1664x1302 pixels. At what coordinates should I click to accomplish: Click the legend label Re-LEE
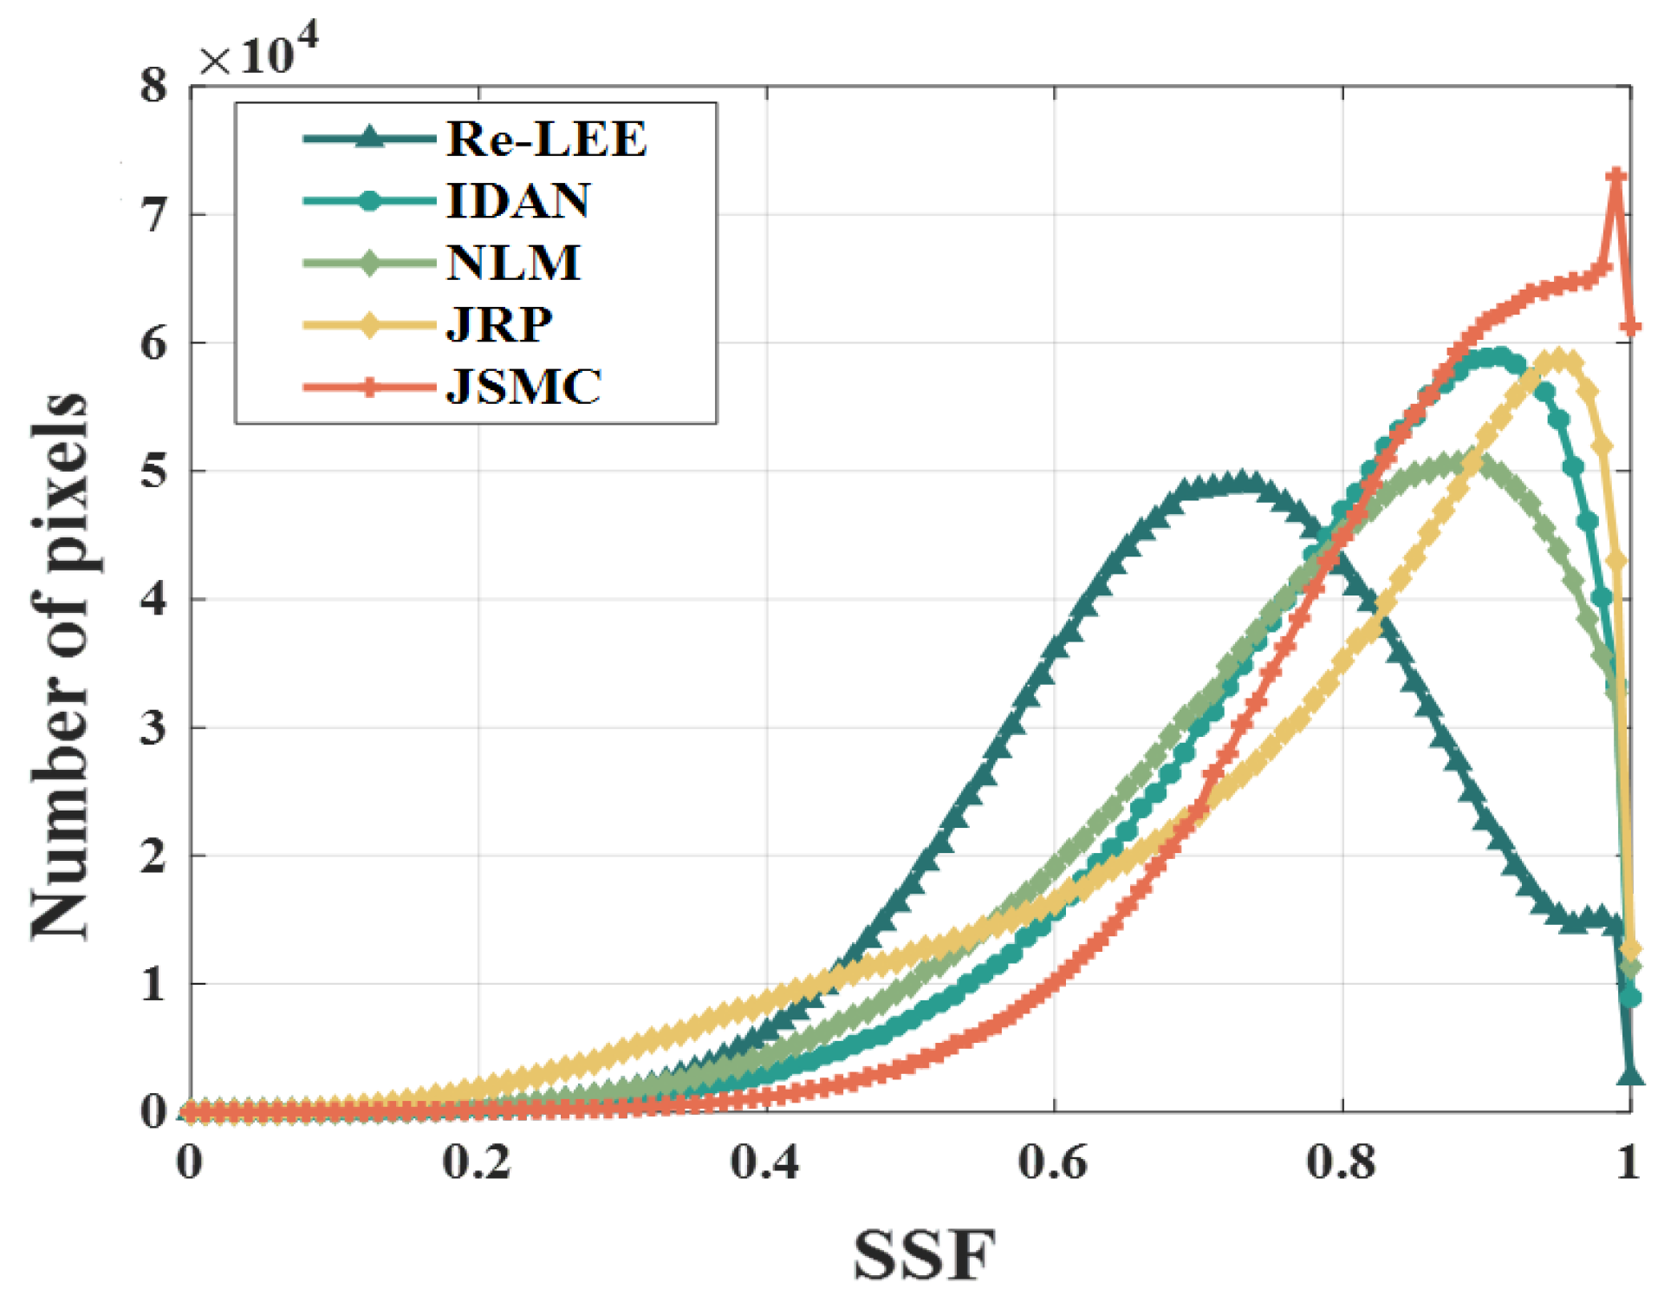[x=546, y=139]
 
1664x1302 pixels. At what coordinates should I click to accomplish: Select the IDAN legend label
[x=518, y=200]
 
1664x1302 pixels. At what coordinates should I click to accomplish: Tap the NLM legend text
[x=513, y=262]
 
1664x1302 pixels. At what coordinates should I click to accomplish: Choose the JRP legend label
[x=499, y=324]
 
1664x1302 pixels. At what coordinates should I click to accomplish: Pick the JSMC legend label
[x=523, y=386]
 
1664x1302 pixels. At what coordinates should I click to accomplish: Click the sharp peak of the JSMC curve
[x=1615, y=177]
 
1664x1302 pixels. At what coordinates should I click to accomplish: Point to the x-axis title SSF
[x=924, y=1255]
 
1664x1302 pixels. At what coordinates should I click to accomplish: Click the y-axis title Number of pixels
[x=59, y=666]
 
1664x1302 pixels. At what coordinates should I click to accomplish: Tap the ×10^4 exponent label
[x=258, y=54]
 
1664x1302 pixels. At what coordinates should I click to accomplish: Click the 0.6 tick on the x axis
[x=1052, y=1162]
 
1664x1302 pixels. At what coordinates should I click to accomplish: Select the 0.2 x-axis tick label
[x=477, y=1162]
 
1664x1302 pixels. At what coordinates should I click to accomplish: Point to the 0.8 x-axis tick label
[x=1341, y=1162]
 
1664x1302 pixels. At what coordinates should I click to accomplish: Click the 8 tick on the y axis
[x=153, y=86]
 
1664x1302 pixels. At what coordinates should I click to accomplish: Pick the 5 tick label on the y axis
[x=153, y=471]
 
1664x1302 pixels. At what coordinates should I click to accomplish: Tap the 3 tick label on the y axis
[x=153, y=727]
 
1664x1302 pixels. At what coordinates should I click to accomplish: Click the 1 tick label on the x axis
[x=1628, y=1162]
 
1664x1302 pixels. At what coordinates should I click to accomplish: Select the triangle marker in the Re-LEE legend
[x=369, y=138]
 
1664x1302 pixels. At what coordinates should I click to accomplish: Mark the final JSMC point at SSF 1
[x=1630, y=327]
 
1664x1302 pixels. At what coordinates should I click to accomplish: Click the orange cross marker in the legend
[x=369, y=387]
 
